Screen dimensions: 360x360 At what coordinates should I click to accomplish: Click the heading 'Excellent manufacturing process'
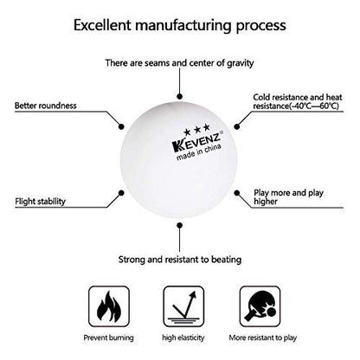tap(180, 25)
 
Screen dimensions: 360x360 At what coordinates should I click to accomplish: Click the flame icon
tap(109, 306)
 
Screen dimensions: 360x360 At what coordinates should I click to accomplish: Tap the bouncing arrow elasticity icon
tap(183, 306)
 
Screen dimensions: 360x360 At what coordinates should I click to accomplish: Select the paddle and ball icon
tap(260, 306)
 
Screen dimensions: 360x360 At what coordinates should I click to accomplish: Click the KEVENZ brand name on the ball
tap(196, 141)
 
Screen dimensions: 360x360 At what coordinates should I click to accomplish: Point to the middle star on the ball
tap(197, 130)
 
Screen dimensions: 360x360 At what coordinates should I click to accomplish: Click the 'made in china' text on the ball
tap(199, 152)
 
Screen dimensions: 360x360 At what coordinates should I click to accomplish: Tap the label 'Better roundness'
tap(46, 106)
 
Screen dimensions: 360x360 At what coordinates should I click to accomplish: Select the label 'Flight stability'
tap(40, 201)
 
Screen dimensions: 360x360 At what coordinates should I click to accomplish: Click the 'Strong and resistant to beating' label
tap(180, 260)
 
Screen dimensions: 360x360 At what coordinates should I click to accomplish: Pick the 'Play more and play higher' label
tap(288, 196)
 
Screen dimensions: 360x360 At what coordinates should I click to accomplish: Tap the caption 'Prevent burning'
tap(108, 337)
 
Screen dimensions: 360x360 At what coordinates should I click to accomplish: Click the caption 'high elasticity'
tap(183, 337)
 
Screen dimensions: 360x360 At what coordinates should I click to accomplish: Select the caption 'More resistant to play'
tap(263, 337)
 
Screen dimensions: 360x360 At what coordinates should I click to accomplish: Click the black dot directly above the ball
tap(180, 96)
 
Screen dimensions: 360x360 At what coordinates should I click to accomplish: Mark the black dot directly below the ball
tap(180, 225)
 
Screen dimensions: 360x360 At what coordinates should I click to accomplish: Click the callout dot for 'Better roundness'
tap(121, 126)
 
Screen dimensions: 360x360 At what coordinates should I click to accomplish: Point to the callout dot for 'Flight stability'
tap(121, 193)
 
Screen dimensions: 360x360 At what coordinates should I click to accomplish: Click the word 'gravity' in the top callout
tap(241, 63)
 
